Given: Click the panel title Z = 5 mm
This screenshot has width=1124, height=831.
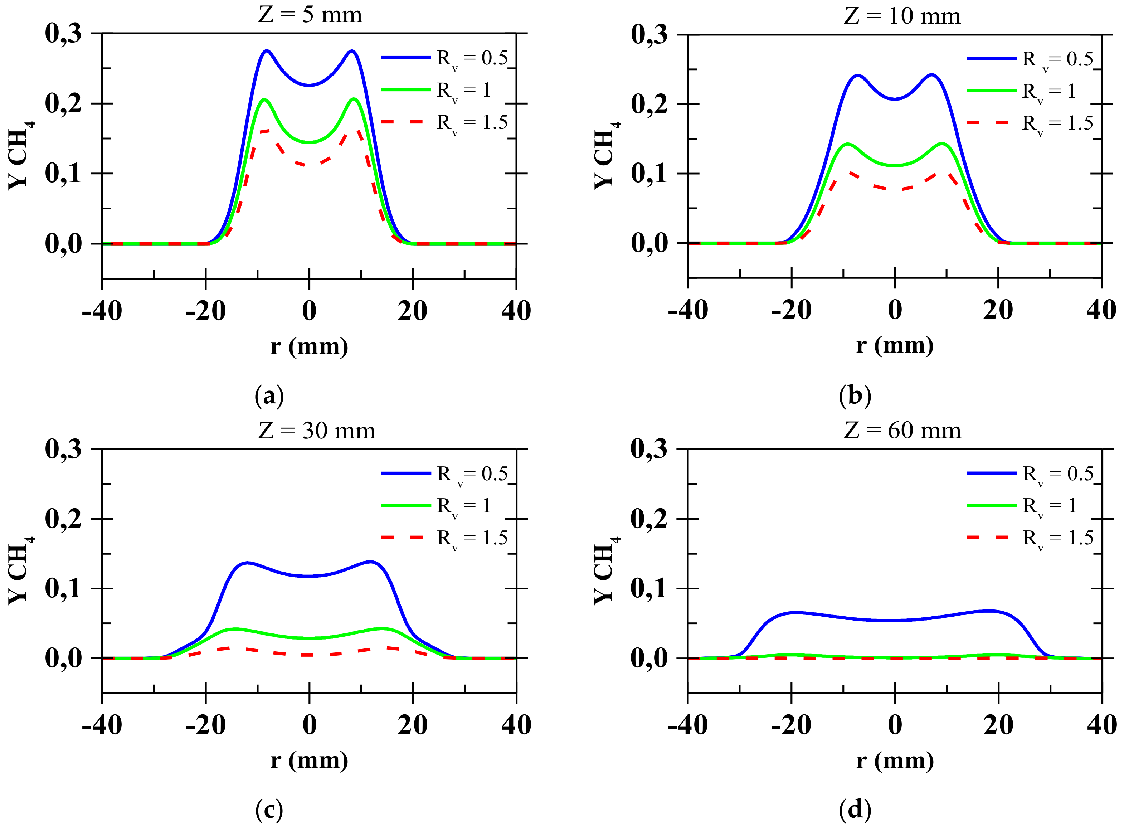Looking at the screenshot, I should coord(310,15).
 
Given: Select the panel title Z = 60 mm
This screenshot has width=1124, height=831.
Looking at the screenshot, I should coord(902,430).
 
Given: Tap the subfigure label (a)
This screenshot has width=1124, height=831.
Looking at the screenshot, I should coord(269,396).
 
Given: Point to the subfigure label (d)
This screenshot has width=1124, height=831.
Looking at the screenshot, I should coord(855,810).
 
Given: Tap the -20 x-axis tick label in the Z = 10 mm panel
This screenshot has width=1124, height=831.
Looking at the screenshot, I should coord(791,310).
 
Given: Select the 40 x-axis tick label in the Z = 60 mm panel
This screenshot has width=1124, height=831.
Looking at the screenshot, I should coord(1101,725).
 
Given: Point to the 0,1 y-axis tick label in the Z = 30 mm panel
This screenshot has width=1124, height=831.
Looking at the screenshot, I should coord(63,588).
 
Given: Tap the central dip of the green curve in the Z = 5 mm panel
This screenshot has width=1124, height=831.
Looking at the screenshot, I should coord(309,142).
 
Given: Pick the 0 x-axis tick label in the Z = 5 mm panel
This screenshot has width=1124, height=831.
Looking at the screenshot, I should coord(309,310).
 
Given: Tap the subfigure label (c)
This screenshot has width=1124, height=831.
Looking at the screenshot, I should coord(269,810).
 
